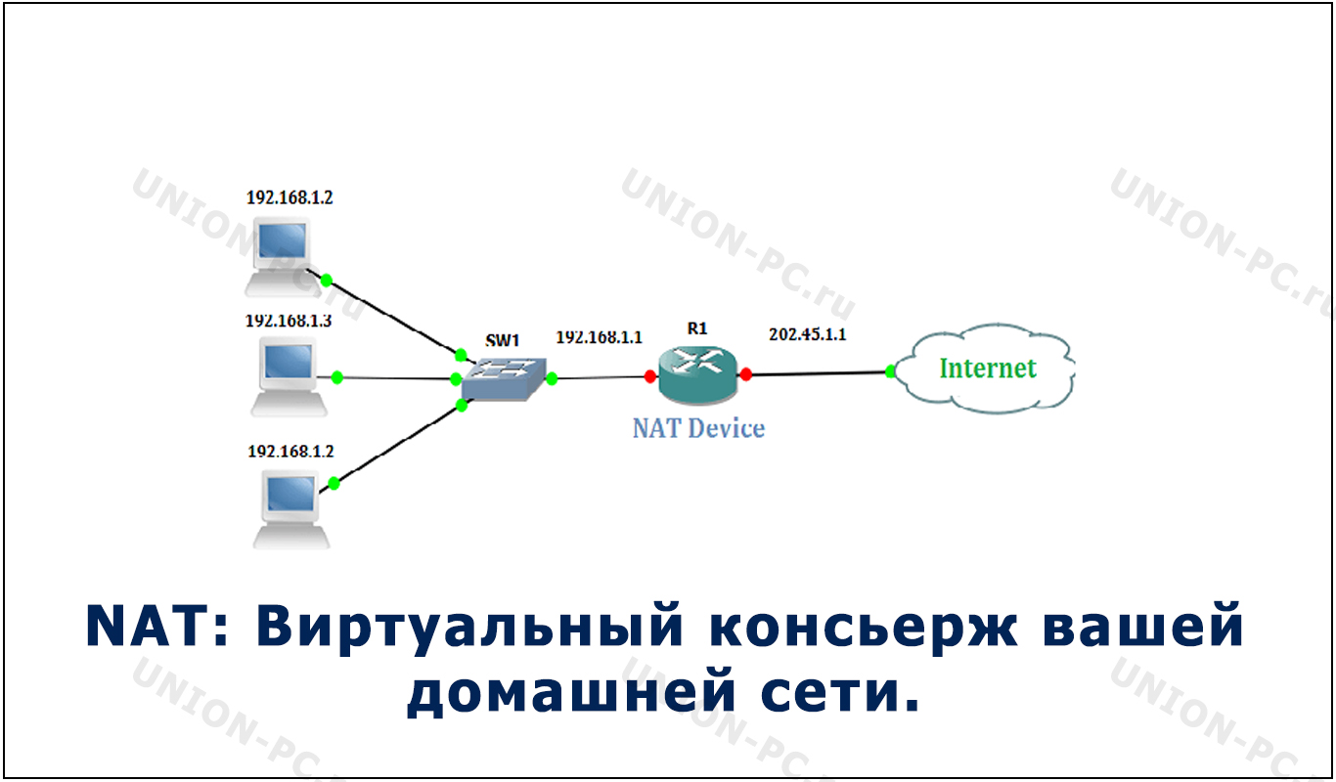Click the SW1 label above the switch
502,340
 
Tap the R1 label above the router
697,328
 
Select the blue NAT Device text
698,428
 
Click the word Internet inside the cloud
988,369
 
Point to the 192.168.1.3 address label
289,321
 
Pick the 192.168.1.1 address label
599,337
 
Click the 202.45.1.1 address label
808,334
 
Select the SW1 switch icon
504,379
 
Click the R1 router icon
697,374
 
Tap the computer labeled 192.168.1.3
289,376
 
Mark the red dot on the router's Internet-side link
745,374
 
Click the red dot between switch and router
650,376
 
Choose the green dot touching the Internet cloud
891,371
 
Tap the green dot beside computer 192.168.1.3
337,377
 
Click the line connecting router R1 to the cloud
819,373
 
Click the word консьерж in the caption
863,627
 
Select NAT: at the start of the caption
157,626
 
